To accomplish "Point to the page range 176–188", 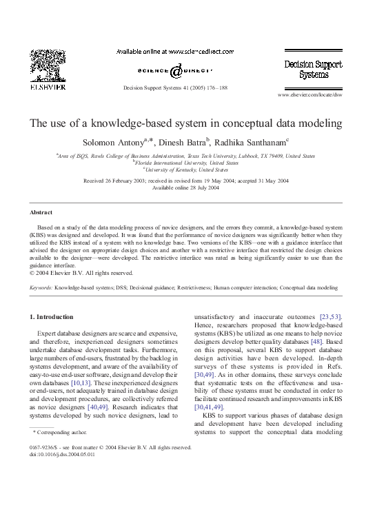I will [x=213, y=88].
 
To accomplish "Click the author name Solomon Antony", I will [x=112, y=143].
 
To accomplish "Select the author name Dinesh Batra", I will [x=185, y=143].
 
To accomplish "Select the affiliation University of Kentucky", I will [x=187, y=170].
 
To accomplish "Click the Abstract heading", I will [x=42, y=212].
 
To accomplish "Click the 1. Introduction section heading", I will [x=54, y=316].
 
